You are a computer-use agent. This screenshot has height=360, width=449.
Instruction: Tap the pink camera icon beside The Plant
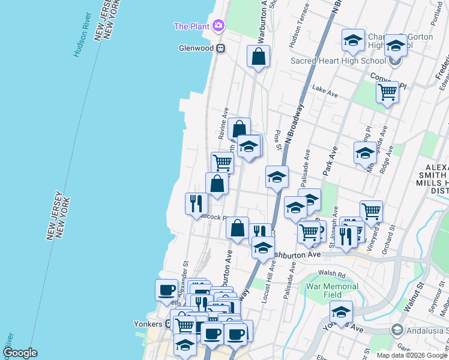pyautogui.click(x=218, y=26)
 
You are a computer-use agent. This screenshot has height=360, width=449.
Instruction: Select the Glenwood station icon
pyautogui.click(x=220, y=48)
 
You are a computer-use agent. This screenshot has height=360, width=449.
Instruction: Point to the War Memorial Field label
pyautogui.click(x=332, y=290)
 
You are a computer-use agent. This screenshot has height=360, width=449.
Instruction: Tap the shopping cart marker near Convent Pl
pyautogui.click(x=388, y=92)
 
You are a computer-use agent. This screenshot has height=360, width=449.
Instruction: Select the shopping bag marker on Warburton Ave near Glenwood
pyautogui.click(x=258, y=57)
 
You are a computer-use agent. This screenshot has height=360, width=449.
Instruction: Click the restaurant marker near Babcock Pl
pyautogui.click(x=196, y=204)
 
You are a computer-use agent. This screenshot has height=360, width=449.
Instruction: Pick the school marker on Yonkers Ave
pyautogui.click(x=341, y=312)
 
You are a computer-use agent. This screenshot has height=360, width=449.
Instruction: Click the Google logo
pyautogui.click(x=20, y=353)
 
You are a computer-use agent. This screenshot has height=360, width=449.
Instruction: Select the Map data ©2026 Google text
pyautogui.click(x=412, y=355)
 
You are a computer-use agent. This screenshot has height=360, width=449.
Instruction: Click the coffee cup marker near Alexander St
pyautogui.click(x=166, y=290)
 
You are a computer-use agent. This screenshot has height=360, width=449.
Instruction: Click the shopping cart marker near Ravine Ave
pyautogui.click(x=222, y=162)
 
